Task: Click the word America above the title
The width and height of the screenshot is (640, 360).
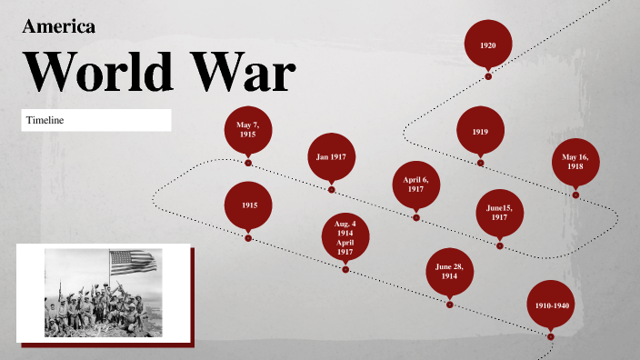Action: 58,26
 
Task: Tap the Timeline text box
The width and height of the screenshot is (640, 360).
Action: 96,120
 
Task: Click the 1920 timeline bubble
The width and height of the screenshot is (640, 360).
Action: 487,45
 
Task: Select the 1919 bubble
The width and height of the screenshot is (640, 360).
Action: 480,132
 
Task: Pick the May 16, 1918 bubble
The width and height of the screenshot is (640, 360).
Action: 575,163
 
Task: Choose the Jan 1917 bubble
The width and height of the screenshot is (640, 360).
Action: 331,157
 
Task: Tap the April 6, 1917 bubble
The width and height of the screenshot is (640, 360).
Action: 415,185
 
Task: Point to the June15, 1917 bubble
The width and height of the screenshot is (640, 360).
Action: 499,213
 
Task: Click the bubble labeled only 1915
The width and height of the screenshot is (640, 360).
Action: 248,205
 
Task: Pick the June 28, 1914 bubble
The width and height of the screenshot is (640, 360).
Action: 449,271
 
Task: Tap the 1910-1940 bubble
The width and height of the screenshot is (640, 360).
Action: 552,306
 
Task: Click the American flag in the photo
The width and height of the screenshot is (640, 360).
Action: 133,263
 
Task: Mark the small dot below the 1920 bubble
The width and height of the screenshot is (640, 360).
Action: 488,76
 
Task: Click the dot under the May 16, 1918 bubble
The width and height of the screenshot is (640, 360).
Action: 575,194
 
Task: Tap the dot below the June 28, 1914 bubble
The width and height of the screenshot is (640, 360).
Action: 449,304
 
